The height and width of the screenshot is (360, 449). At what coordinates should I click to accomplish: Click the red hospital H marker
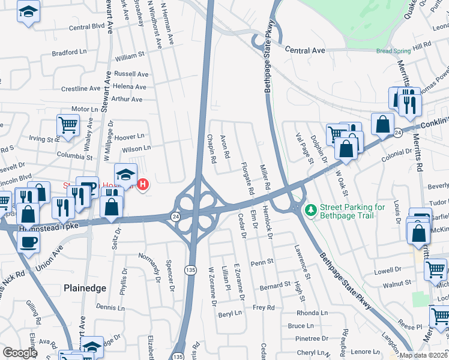click(x=143, y=184)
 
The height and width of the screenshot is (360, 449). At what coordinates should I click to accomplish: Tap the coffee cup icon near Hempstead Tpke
click(x=28, y=242)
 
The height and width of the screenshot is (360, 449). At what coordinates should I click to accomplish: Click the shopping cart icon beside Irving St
click(x=68, y=125)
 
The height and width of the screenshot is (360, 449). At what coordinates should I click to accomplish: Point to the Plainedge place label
click(x=85, y=288)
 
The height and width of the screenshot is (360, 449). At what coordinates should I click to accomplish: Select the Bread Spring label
click(x=393, y=52)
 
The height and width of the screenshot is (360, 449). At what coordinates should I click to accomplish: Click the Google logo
click(x=20, y=353)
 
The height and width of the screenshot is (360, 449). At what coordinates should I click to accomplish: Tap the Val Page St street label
click(x=310, y=149)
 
